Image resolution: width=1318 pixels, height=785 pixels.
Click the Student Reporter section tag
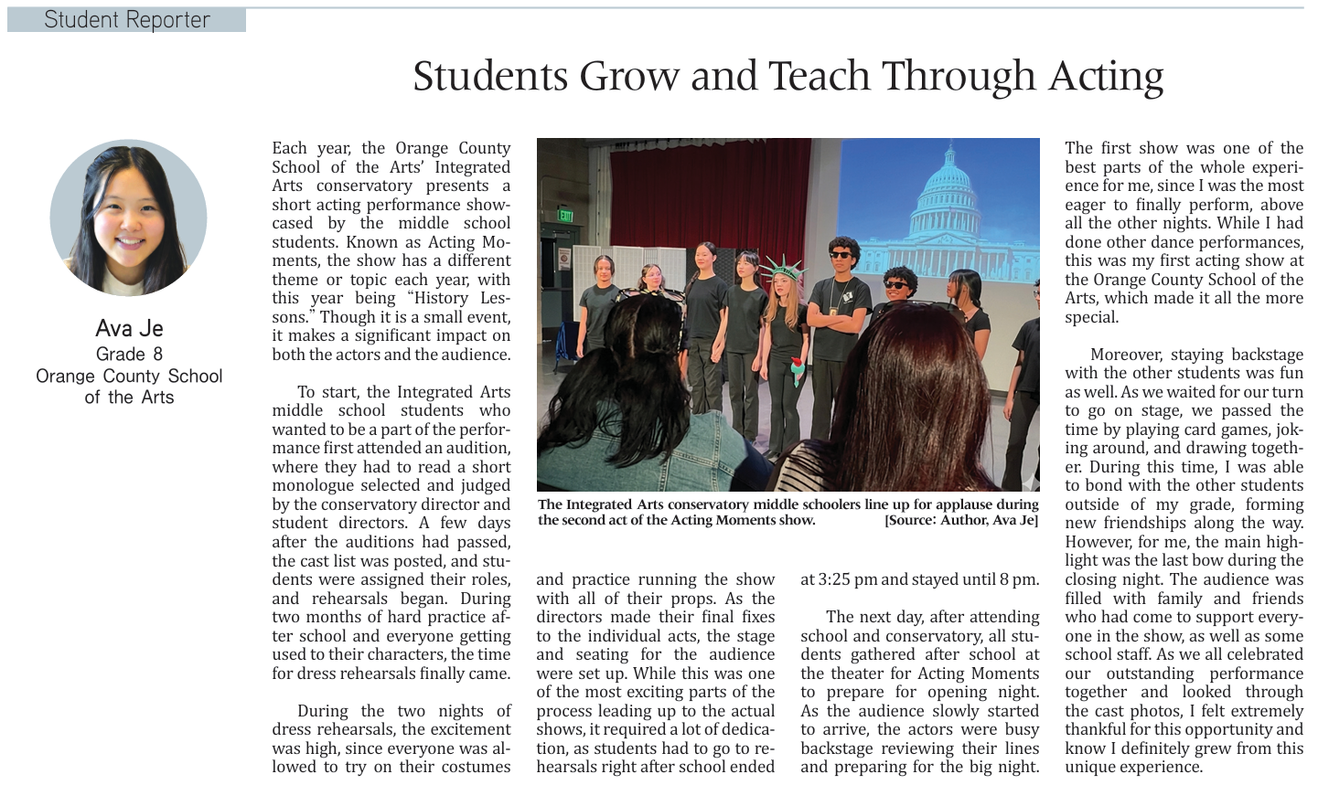(126, 19)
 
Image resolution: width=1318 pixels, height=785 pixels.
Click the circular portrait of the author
(128, 217)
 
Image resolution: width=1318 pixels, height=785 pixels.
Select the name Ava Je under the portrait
(129, 329)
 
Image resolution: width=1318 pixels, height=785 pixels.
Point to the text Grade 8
(129, 354)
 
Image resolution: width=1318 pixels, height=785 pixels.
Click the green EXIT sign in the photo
(566, 217)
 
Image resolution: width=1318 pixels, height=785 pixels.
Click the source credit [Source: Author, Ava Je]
(961, 520)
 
